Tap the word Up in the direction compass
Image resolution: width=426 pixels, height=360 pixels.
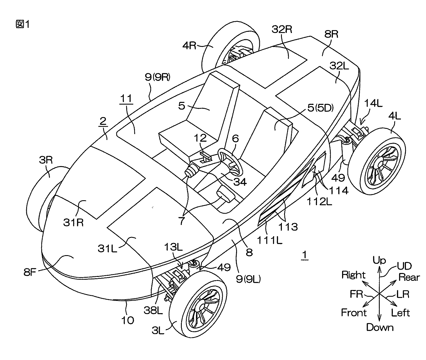click(379, 260)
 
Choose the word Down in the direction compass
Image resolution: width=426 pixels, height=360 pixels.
click(380, 327)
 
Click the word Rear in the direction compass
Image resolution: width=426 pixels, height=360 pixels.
click(409, 277)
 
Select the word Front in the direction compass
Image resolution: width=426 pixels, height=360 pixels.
click(354, 313)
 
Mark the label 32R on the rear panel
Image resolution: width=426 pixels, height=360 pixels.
click(282, 29)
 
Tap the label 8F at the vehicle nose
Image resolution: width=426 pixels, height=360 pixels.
click(32, 272)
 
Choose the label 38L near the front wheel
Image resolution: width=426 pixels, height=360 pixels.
click(153, 310)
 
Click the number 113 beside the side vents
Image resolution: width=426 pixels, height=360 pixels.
click(289, 226)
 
